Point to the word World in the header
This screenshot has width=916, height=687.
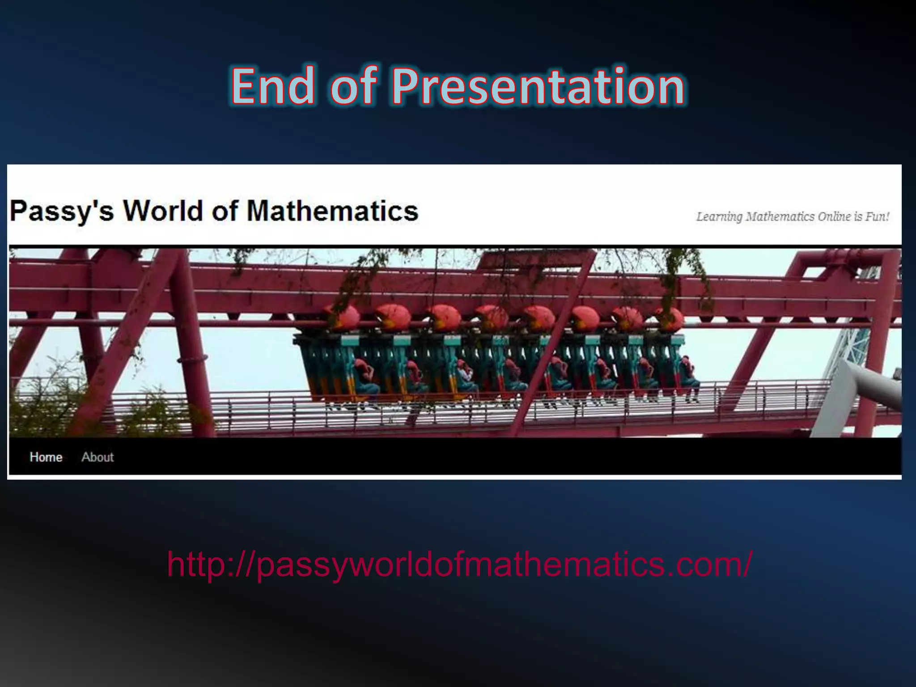(163, 211)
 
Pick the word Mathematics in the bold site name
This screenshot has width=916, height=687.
(332, 211)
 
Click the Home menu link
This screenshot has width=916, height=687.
(46, 457)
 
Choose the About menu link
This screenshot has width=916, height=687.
(98, 457)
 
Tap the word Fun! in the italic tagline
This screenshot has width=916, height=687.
(877, 217)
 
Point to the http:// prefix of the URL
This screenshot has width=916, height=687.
(210, 564)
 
